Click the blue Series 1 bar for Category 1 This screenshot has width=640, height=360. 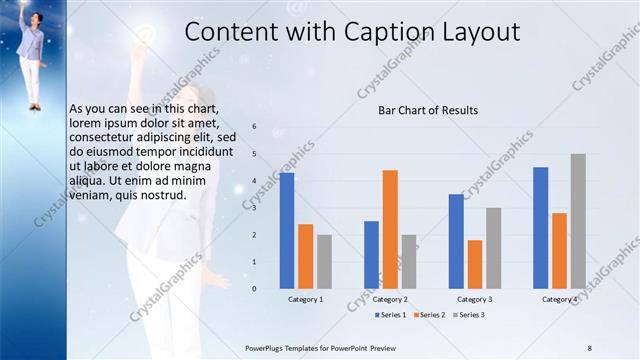(287, 230)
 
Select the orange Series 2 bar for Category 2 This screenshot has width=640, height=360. (390, 229)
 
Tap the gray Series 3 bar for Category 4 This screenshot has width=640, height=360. (578, 221)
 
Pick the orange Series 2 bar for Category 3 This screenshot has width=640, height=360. (475, 264)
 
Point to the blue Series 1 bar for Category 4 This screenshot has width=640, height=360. (541, 227)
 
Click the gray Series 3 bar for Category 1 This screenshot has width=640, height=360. (324, 261)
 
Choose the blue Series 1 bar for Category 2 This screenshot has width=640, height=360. (371, 254)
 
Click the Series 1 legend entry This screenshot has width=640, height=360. (391, 315)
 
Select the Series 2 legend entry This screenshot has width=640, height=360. (429, 315)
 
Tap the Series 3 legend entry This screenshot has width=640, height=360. (468, 315)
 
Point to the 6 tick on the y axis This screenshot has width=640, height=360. (255, 127)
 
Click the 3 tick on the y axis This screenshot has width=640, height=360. (255, 208)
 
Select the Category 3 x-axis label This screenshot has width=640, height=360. (475, 299)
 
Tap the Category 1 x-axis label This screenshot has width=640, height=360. (306, 299)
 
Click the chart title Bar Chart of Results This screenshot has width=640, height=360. (427, 110)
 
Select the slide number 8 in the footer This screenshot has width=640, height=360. (589, 347)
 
